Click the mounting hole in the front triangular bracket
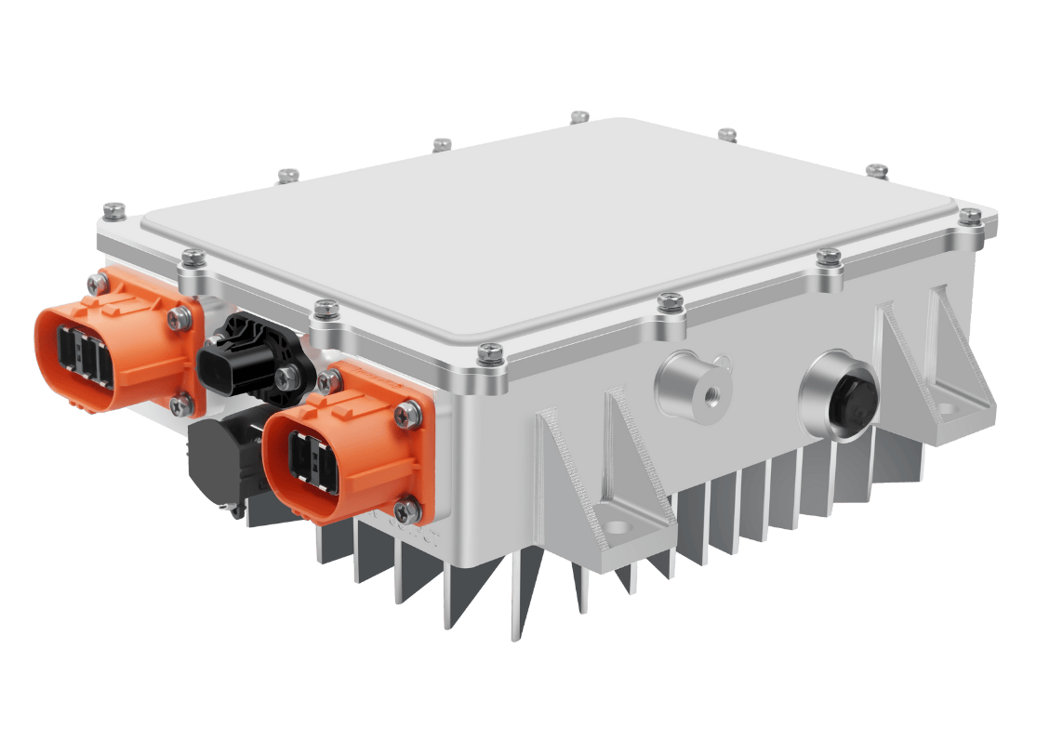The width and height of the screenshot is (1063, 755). point(616,527)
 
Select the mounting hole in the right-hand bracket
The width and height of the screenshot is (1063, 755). point(947,407)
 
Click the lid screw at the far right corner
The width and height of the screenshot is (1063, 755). point(970,216)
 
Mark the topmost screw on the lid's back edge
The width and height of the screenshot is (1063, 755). point(579,116)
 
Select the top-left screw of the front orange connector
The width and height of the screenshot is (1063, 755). point(326,378)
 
